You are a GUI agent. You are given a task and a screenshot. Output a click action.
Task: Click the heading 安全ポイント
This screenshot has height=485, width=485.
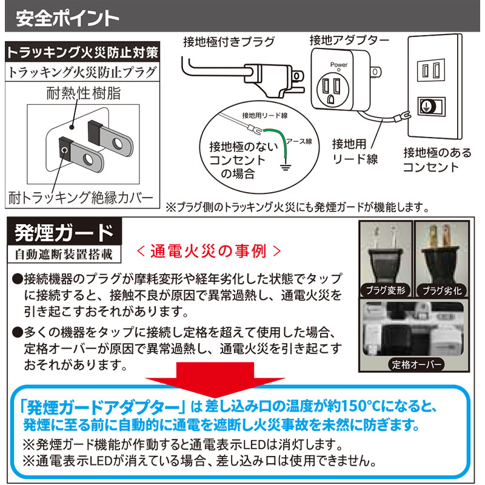(67, 18)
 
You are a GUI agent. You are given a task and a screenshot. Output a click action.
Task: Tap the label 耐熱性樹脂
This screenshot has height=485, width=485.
(84, 93)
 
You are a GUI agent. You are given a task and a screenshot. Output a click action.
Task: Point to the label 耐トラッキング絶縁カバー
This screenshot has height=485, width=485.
(81, 198)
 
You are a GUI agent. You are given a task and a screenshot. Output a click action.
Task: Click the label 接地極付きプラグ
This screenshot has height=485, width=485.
(229, 42)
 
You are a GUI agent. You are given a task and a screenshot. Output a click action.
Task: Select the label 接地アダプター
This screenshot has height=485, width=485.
(350, 40)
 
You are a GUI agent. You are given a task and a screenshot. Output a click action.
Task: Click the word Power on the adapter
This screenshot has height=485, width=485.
(339, 65)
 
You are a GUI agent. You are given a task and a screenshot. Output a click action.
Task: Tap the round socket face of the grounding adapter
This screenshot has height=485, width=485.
(333, 90)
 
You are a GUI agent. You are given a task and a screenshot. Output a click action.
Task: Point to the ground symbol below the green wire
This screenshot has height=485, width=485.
(286, 168)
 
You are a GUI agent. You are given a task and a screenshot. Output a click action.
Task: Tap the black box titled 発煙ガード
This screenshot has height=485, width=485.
(64, 233)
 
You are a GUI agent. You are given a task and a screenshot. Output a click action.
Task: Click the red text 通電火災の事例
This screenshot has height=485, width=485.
(209, 251)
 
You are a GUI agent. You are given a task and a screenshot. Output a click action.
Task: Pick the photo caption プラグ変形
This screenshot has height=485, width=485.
(386, 290)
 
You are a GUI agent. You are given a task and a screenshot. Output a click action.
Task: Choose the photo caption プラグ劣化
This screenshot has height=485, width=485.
(442, 291)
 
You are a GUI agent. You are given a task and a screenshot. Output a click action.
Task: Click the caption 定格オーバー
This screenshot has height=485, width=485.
(416, 364)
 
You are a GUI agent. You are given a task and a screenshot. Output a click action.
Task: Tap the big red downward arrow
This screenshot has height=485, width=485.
(215, 380)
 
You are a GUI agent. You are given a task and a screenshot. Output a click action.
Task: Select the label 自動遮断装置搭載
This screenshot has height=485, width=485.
(64, 254)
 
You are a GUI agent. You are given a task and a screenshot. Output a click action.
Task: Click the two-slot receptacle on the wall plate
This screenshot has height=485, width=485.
(431, 70)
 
